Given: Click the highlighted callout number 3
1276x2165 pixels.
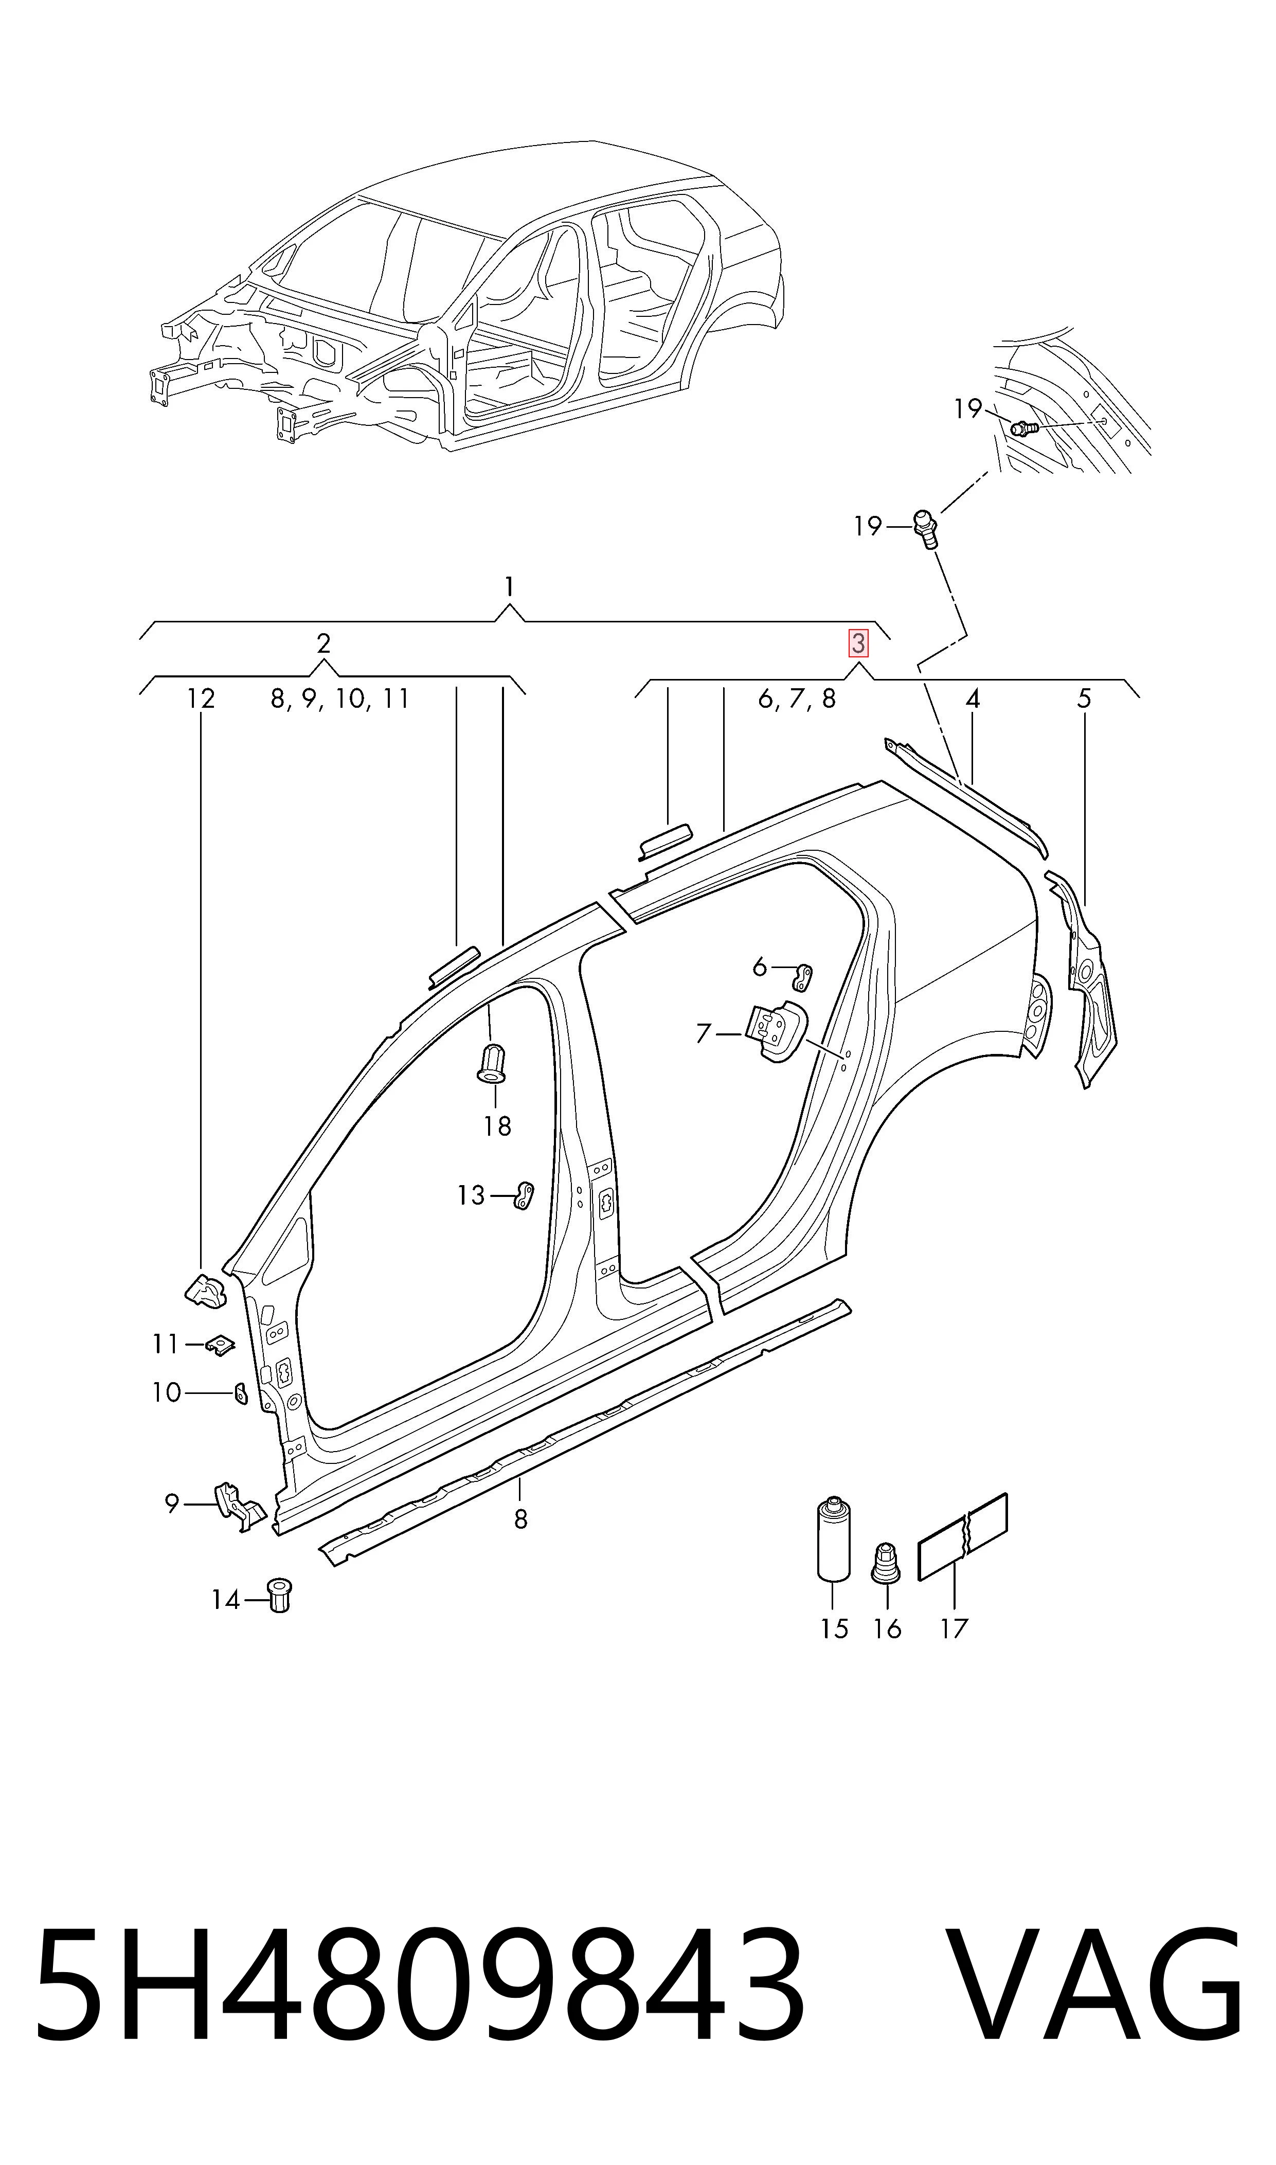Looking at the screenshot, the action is click(x=858, y=643).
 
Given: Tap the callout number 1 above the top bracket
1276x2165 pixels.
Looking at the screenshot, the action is click(x=510, y=587).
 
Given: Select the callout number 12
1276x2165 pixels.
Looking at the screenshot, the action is click(x=201, y=698).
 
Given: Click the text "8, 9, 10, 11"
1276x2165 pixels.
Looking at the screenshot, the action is click(x=339, y=698).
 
